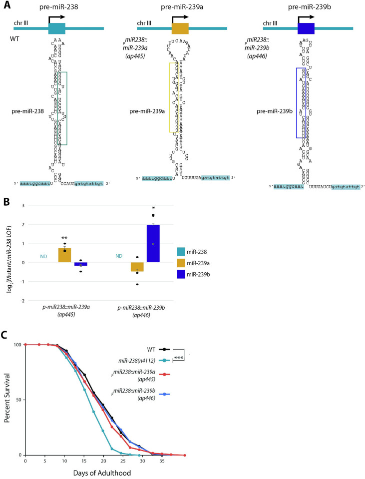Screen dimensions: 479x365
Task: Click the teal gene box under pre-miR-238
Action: click(x=57, y=29)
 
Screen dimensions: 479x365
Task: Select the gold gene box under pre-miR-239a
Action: click(x=180, y=29)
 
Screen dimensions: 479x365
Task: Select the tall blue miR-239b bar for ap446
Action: click(x=153, y=243)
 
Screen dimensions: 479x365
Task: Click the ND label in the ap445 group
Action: click(x=43, y=256)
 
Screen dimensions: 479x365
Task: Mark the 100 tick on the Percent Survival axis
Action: click(x=17, y=345)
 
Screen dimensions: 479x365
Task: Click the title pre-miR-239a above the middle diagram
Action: click(x=180, y=7)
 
